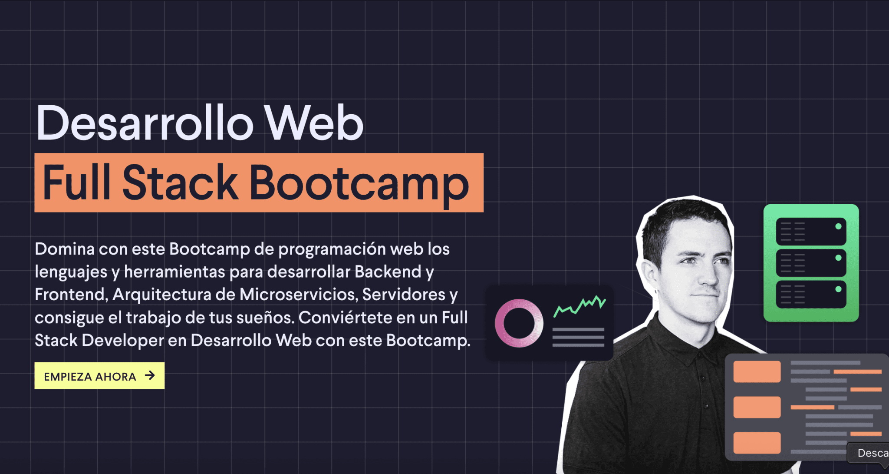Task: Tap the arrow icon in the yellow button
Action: pos(150,375)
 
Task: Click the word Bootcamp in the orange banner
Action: pos(359,183)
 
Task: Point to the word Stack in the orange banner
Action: pos(180,183)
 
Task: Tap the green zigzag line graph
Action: pos(579,305)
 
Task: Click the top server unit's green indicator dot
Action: pos(838,226)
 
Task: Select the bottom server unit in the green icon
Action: pos(811,295)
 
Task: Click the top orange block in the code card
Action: pos(757,371)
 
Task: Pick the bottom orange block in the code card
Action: pos(757,443)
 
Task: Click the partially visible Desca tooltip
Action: pos(870,453)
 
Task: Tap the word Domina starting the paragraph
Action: pos(65,249)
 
